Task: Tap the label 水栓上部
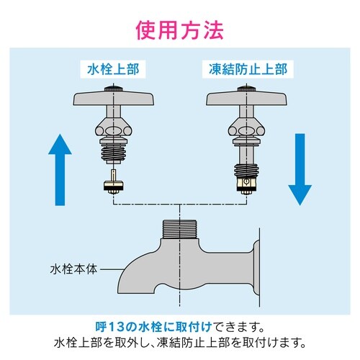[x=113, y=71]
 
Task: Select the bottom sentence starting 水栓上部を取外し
[x=179, y=341]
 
